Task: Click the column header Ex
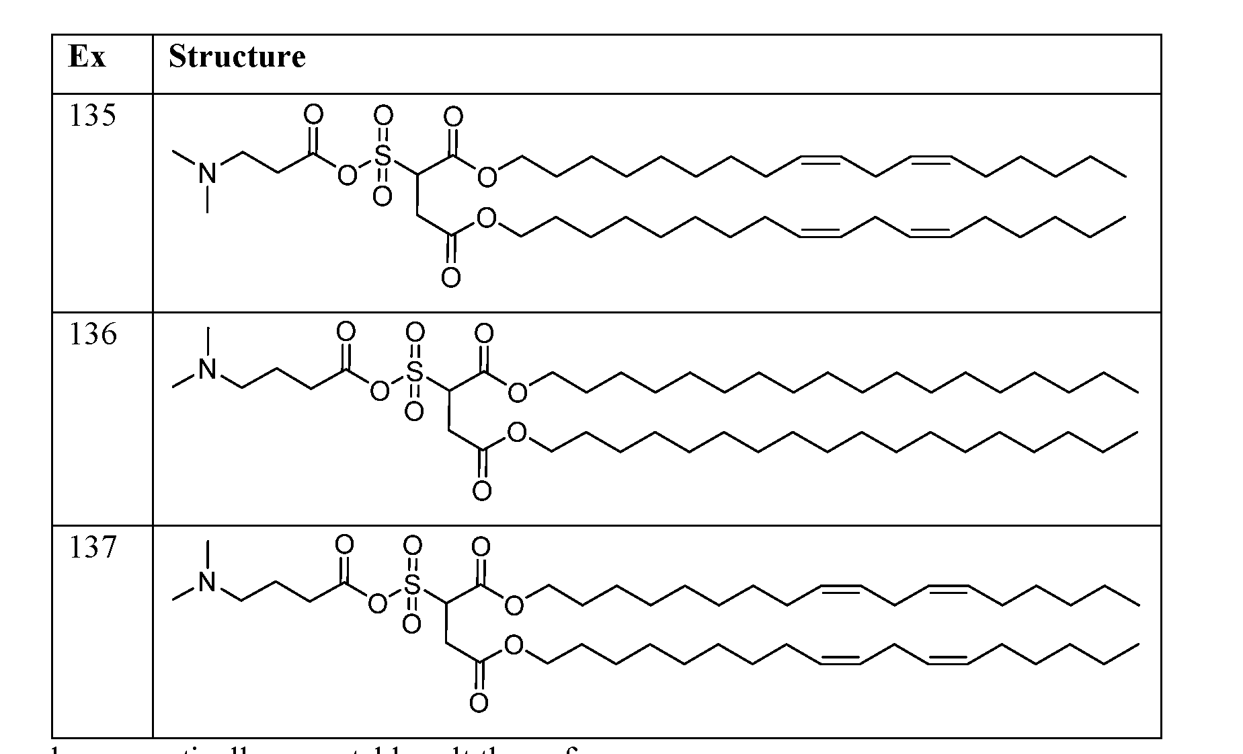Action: point(87,56)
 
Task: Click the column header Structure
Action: point(237,56)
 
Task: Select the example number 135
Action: point(92,116)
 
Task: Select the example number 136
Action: point(92,334)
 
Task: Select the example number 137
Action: point(92,548)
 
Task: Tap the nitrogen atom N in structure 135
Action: point(208,175)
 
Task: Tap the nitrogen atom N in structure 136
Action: point(208,369)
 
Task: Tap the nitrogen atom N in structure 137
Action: point(208,582)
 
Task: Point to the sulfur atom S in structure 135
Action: point(383,156)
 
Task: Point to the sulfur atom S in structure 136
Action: point(414,371)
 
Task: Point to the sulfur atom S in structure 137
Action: point(411,585)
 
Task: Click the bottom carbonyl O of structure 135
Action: point(450,277)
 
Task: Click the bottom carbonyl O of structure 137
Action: point(478,704)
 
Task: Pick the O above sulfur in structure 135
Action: point(383,116)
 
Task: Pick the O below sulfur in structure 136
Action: point(414,412)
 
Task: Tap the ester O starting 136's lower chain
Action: point(516,432)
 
